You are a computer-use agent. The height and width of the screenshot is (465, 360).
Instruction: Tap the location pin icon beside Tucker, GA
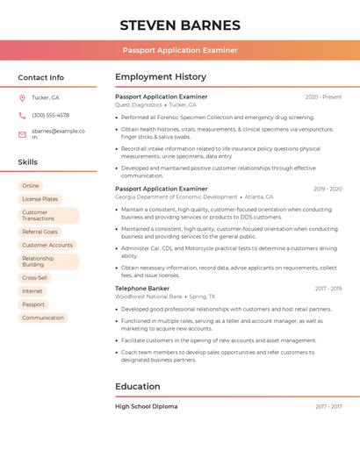pyautogui.click(x=22, y=97)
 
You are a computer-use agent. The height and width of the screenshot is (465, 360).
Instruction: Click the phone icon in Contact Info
pyautogui.click(x=22, y=115)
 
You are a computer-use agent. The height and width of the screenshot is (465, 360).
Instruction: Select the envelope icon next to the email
pyautogui.click(x=22, y=133)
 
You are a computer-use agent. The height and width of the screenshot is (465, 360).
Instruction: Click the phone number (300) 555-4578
pyautogui.click(x=50, y=115)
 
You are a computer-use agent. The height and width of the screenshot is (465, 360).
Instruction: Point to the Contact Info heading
pyautogui.click(x=40, y=77)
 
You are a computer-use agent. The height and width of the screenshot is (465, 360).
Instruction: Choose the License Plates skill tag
pyautogui.click(x=40, y=199)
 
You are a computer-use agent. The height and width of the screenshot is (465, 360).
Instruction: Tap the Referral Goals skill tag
pyautogui.click(x=40, y=232)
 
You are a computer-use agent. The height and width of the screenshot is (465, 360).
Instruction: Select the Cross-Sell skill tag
pyautogui.click(x=35, y=277)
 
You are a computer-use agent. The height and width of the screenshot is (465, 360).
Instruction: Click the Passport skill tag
pyautogui.click(x=33, y=304)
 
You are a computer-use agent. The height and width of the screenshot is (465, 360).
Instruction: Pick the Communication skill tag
pyautogui.click(x=43, y=318)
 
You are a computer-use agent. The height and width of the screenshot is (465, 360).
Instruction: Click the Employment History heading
pyautogui.click(x=161, y=76)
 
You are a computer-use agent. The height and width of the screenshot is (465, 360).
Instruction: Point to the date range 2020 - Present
pyautogui.click(x=323, y=97)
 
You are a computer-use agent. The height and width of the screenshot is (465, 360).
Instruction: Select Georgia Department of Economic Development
pyautogui.click(x=176, y=197)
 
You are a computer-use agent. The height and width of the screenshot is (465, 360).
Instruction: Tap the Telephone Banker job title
pyautogui.click(x=142, y=288)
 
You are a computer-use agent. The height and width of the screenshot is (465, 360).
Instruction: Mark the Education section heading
pyautogui.click(x=138, y=386)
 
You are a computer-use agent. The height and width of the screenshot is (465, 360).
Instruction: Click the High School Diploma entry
pyautogui.click(x=146, y=406)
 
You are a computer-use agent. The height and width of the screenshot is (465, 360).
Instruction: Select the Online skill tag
pyautogui.click(x=31, y=186)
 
